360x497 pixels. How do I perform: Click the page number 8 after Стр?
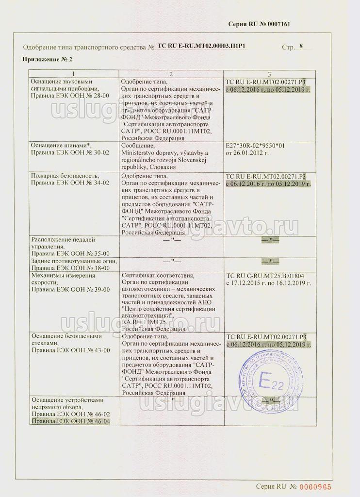pyautogui.click(x=302, y=47)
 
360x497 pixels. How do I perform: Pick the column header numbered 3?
pyautogui.click(x=269, y=73)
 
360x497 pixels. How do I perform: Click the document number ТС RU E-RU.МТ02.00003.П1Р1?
pyautogui.click(x=202, y=47)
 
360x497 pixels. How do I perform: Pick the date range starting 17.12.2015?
pyautogui.click(x=268, y=282)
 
